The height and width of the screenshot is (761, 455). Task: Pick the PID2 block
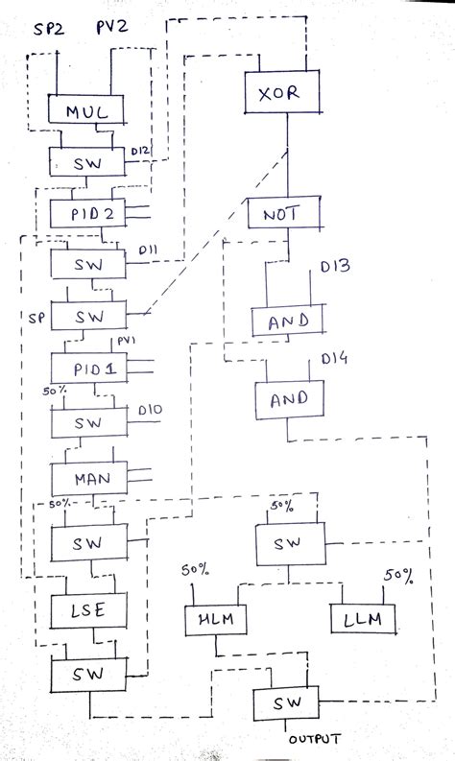92,213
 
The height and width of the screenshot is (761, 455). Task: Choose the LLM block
363,619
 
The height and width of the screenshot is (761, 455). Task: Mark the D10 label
150,412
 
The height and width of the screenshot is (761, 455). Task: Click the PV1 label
128,342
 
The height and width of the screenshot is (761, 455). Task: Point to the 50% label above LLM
397,576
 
